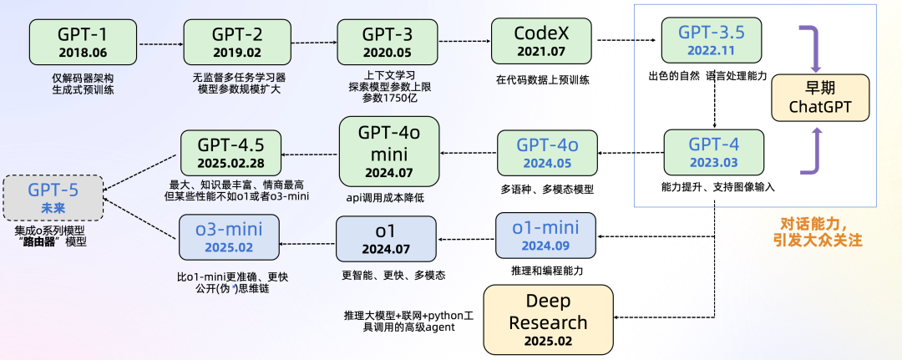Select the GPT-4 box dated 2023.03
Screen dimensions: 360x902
pyautogui.click(x=713, y=150)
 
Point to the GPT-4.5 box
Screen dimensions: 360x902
pyautogui.click(x=231, y=151)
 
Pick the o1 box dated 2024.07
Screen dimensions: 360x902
pyautogui.click(x=385, y=236)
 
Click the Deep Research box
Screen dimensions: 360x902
pyautogui.click(x=548, y=318)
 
